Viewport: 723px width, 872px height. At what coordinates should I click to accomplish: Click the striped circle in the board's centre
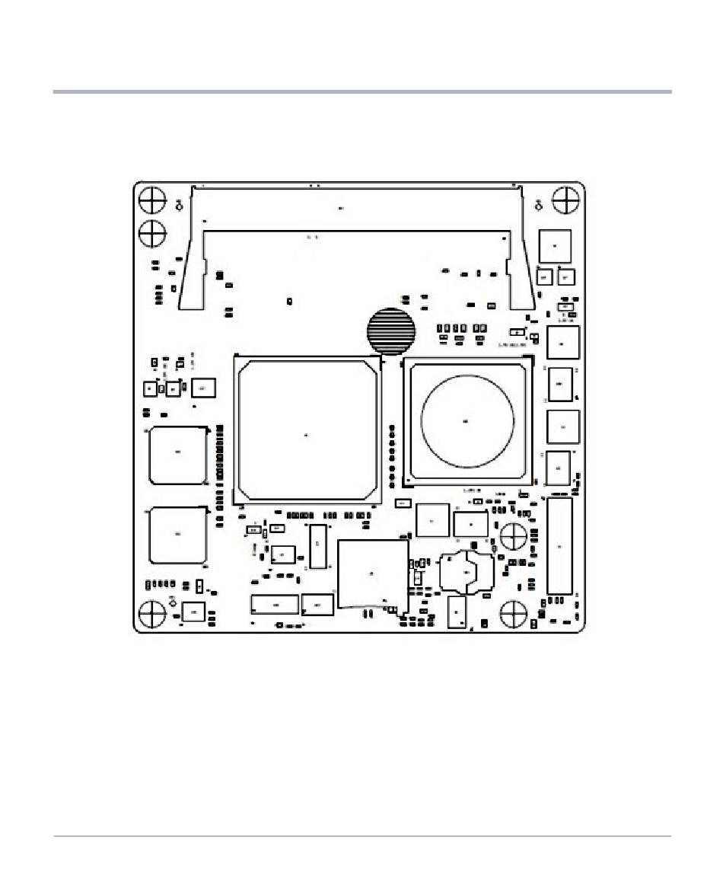[x=391, y=331]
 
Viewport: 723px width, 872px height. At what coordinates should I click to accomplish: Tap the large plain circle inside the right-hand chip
[x=467, y=420]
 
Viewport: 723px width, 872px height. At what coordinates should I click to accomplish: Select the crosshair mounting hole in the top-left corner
[x=152, y=200]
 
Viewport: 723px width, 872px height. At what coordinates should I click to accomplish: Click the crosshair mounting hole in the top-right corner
[x=565, y=200]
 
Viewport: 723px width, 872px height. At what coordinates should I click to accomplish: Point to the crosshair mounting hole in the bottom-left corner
[x=152, y=613]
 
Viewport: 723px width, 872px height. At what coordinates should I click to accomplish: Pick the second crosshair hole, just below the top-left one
[x=152, y=233]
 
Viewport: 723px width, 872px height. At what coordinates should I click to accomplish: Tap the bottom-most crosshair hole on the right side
[x=514, y=613]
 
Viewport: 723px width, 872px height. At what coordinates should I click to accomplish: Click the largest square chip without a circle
[x=307, y=430]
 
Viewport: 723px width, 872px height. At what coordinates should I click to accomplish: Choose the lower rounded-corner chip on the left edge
[x=178, y=535]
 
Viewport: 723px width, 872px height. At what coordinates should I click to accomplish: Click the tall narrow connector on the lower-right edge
[x=559, y=546]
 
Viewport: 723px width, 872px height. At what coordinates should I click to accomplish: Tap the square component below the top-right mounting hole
[x=555, y=246]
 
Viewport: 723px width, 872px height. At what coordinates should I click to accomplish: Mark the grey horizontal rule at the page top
[x=361, y=92]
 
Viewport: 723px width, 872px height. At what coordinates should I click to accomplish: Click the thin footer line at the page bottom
[x=361, y=836]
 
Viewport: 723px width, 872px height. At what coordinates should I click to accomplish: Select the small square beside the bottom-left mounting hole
[x=194, y=611]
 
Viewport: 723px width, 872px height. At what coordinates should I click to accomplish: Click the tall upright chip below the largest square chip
[x=318, y=546]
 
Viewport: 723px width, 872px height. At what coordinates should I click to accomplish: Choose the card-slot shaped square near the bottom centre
[x=372, y=573]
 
